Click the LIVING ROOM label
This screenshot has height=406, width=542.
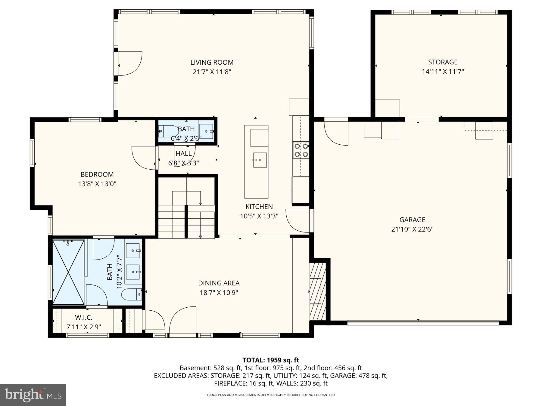[x=212, y=62]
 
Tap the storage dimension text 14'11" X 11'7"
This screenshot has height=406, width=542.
[x=443, y=72]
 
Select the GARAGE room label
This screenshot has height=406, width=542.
[x=412, y=220]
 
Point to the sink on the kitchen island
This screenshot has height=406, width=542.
[x=260, y=160]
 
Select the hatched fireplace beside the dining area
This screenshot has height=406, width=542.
[x=318, y=291]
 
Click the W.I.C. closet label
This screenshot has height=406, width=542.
[x=83, y=317]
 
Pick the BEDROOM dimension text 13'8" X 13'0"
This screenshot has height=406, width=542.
[x=97, y=184]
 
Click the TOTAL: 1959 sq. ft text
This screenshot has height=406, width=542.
[x=271, y=360]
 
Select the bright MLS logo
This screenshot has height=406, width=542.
[x=33, y=395]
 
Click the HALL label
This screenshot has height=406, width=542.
[x=183, y=153]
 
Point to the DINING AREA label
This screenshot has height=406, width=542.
[x=219, y=283]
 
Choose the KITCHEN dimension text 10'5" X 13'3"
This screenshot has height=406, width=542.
[x=259, y=216]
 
